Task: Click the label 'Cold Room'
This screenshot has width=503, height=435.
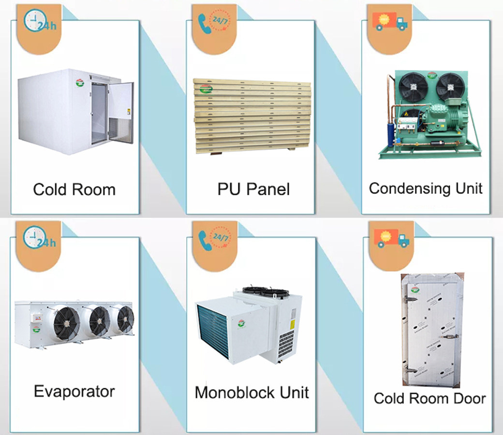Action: (74, 189)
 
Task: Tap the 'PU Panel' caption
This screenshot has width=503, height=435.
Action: (253, 189)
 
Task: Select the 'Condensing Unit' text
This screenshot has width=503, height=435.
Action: (426, 188)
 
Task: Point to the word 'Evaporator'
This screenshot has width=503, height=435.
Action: (74, 391)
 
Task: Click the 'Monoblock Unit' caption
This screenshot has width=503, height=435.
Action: (251, 392)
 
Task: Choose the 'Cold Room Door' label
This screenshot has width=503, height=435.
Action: (429, 398)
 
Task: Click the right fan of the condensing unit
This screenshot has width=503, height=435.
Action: (450, 87)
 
